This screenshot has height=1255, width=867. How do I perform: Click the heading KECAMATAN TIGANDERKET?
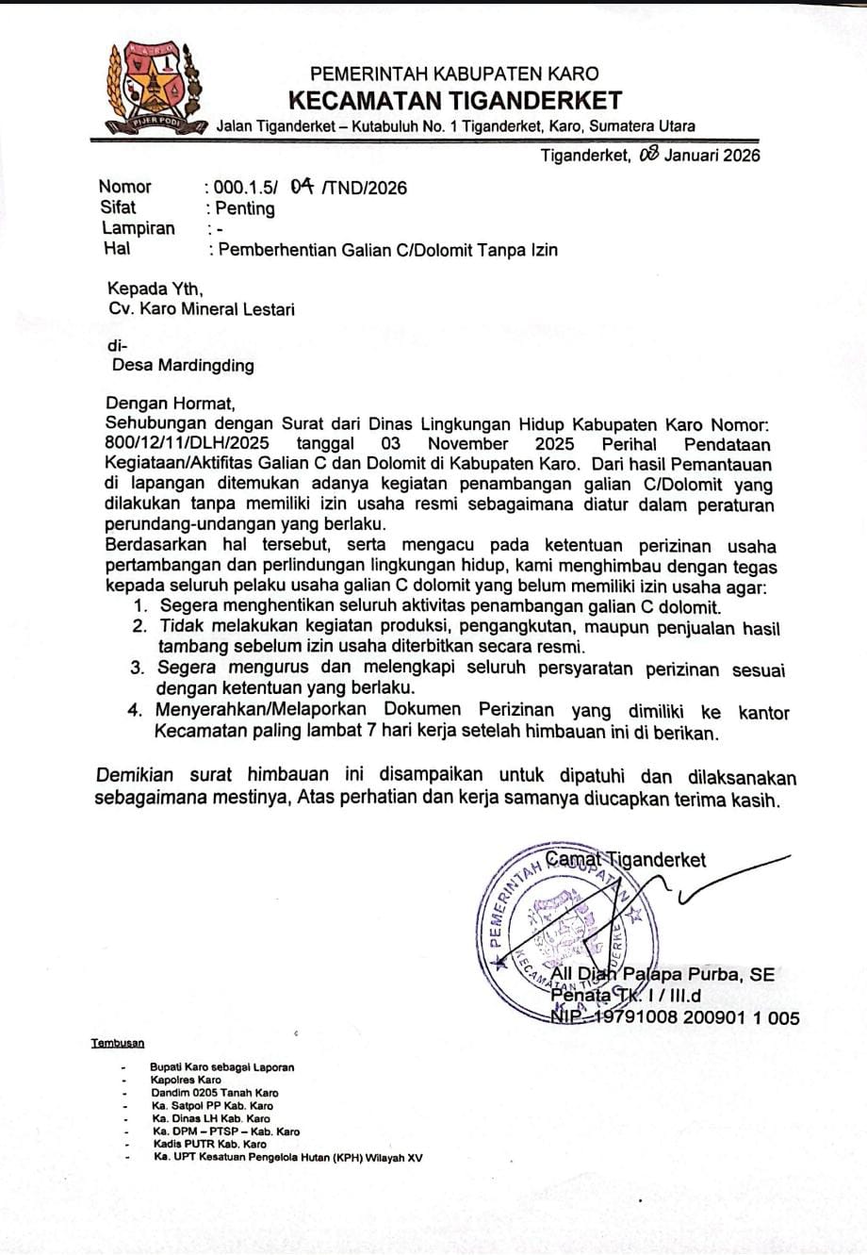pyautogui.click(x=454, y=100)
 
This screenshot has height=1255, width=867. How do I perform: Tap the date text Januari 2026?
pyautogui.click(x=712, y=156)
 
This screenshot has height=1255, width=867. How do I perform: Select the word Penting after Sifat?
pyautogui.click(x=245, y=208)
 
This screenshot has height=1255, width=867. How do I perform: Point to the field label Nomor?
pyautogui.click(x=124, y=187)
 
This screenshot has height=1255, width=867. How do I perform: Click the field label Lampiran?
pyautogui.click(x=138, y=228)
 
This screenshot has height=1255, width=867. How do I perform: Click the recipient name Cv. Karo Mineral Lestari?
pyautogui.click(x=201, y=308)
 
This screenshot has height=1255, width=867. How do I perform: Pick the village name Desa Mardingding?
pyautogui.click(x=183, y=365)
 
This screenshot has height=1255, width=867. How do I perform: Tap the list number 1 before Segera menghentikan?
pyautogui.click(x=140, y=607)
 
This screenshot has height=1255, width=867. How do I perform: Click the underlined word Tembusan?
pyautogui.click(x=118, y=1043)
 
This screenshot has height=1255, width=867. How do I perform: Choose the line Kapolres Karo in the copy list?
pyautogui.click(x=186, y=1080)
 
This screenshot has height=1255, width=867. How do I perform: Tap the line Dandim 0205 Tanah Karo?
pyautogui.click(x=214, y=1093)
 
